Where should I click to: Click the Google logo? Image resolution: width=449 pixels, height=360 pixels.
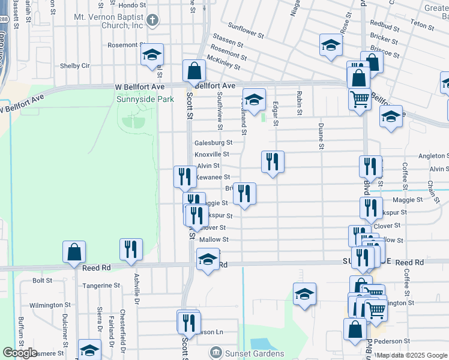tap(20, 353)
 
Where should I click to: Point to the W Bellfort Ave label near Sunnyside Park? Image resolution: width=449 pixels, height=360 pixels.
tap(140, 87)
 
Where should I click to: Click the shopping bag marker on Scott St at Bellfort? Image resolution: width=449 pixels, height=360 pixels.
tap(194, 71)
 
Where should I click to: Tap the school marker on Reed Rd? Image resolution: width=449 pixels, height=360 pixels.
tap(208, 260)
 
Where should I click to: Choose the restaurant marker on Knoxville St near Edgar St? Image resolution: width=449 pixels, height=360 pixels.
tap(273, 161)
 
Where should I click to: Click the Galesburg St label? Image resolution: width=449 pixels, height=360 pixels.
tap(213, 143)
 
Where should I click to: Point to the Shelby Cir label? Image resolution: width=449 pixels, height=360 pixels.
tap(75, 66)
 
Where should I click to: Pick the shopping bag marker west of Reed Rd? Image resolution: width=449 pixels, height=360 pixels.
tap(74, 252)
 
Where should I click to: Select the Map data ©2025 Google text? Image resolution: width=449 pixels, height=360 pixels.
tap(414, 355)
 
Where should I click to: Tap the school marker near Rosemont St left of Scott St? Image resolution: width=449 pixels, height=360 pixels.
tap(152, 55)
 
